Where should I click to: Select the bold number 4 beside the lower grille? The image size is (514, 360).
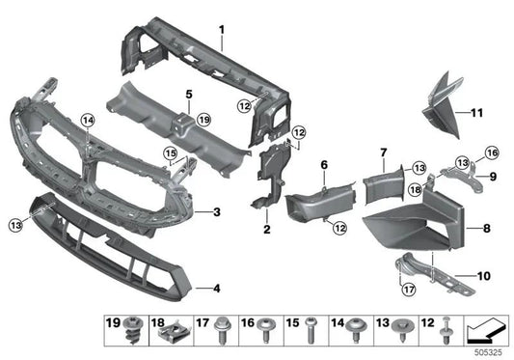pos(216,287)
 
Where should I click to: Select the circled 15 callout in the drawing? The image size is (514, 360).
pos(170,152)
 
